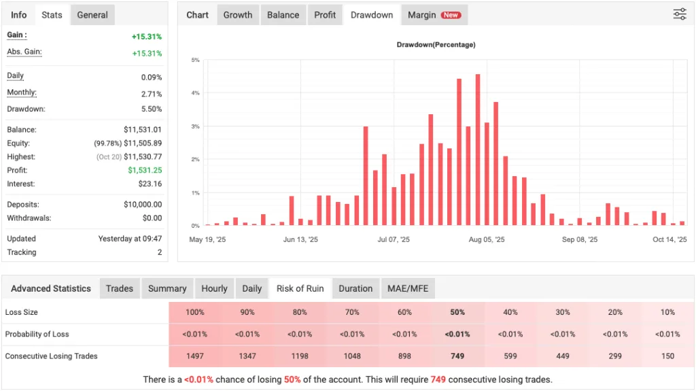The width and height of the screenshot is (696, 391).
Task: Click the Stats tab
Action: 52,15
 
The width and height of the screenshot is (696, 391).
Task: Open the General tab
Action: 92,15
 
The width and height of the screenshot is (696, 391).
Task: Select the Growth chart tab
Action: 238,15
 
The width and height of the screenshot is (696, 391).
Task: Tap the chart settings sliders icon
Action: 680,14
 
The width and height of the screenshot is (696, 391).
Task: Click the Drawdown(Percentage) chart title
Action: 436,45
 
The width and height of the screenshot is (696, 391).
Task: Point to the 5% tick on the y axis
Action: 195,61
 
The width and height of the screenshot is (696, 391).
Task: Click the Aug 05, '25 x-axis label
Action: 486,239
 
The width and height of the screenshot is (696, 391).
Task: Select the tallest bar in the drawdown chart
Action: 478,150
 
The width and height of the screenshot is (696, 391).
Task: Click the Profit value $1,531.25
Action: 145,171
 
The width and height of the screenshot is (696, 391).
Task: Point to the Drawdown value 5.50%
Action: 151,109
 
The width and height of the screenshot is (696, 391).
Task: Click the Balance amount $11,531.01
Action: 143,130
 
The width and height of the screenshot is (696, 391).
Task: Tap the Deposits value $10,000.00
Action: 143,205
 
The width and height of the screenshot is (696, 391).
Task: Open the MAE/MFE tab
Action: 408,288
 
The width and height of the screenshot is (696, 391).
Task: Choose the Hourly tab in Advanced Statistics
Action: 214,288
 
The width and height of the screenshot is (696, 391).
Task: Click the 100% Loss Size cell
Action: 195,312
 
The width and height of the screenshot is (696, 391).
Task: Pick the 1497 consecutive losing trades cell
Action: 195,356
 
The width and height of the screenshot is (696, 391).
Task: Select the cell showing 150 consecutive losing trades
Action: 667,356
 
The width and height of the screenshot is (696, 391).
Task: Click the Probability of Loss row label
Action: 37,334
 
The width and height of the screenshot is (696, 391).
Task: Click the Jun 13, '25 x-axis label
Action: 300,239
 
